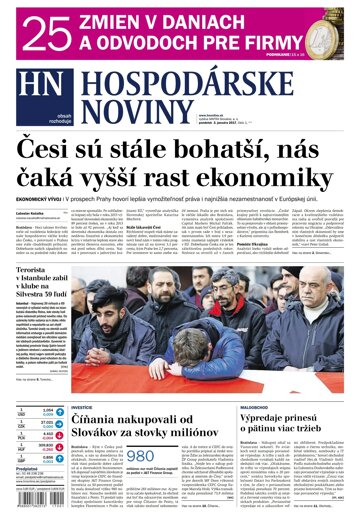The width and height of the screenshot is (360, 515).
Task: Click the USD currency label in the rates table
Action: coord(21,412)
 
